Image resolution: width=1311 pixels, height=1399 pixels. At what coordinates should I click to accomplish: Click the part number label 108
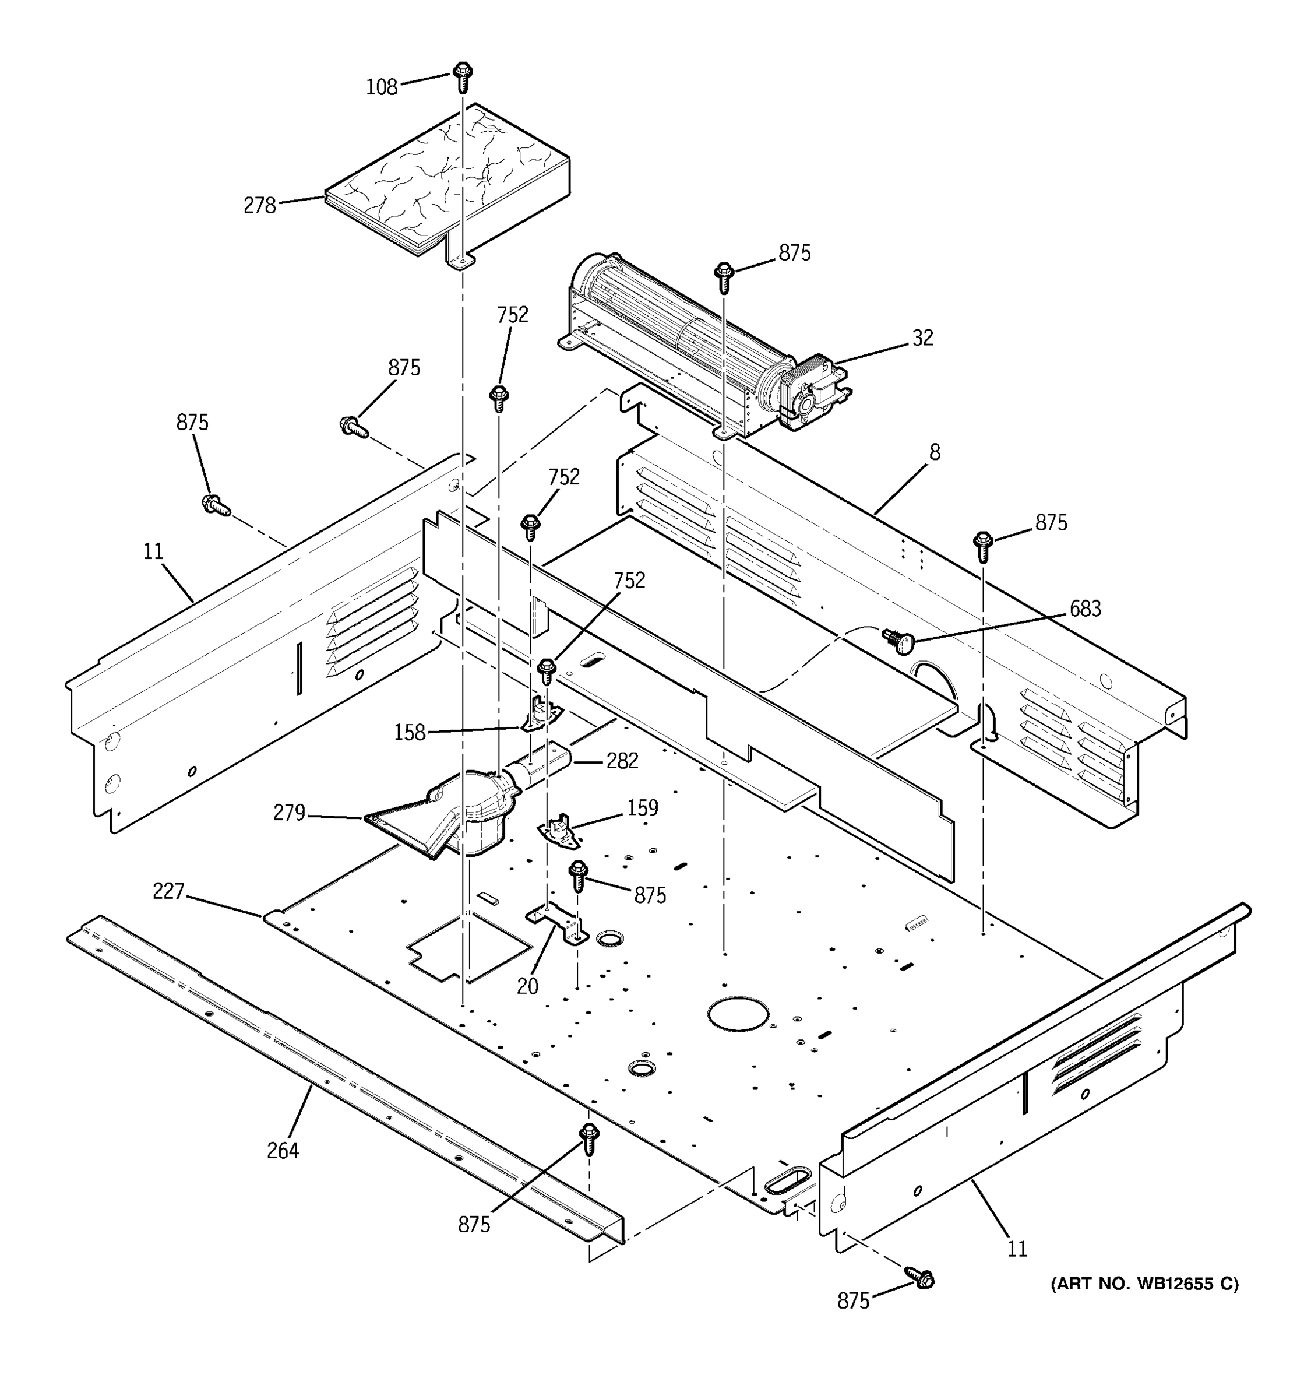click(381, 87)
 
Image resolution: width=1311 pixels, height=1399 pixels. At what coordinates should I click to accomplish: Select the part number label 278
click(259, 206)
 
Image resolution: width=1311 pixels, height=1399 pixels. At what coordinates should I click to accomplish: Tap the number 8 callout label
click(934, 452)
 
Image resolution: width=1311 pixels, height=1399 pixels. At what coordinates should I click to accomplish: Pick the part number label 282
click(622, 761)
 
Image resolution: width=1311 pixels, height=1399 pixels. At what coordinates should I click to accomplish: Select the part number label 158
click(410, 733)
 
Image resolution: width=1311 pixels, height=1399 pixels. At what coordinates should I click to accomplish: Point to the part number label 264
click(283, 1150)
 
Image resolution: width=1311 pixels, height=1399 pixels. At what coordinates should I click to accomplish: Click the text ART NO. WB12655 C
click(1144, 1284)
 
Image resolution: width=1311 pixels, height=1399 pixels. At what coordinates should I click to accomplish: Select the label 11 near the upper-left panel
click(153, 551)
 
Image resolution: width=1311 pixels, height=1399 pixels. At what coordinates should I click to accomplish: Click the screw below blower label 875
click(724, 276)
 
